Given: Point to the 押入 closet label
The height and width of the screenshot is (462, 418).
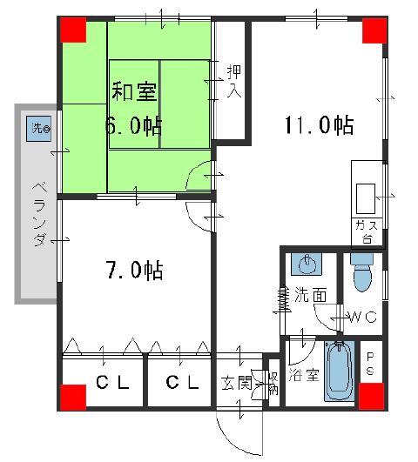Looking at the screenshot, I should point(233,81).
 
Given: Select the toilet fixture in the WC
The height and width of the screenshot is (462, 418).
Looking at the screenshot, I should point(361,278).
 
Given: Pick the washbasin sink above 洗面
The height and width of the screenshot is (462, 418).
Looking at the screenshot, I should point(305,264).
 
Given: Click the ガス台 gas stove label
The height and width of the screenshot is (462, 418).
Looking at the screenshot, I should point(364,231).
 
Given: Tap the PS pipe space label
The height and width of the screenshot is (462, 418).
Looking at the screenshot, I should point(370,363).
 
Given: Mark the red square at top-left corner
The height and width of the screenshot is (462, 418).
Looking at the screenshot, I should point(74,30).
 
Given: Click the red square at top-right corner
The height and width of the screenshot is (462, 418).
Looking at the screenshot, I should point(374,30).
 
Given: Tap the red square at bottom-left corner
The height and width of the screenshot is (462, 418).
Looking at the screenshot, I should point(74,396).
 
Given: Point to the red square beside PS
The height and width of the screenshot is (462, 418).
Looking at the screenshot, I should point(374,396).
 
